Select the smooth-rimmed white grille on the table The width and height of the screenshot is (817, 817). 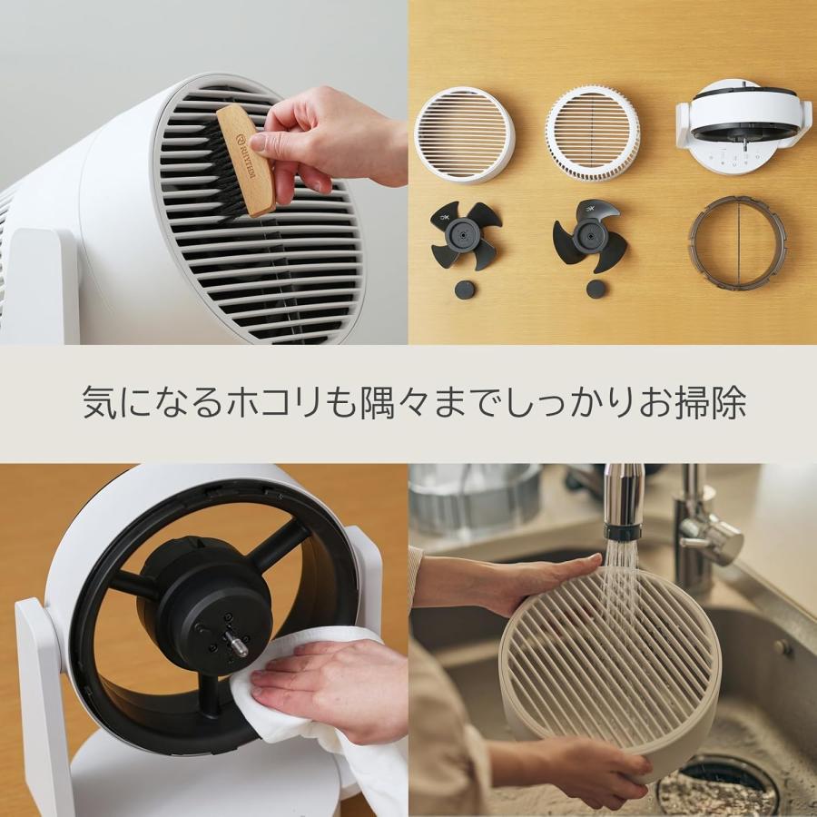[x=464, y=133]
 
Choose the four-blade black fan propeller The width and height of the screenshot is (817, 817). [x=465, y=233]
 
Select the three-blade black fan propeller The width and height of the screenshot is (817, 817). [x=591, y=234]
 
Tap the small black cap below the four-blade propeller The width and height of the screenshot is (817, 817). [x=465, y=290]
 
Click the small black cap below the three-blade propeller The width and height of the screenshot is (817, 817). [x=596, y=289]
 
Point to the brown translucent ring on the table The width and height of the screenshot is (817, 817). [x=736, y=243]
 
